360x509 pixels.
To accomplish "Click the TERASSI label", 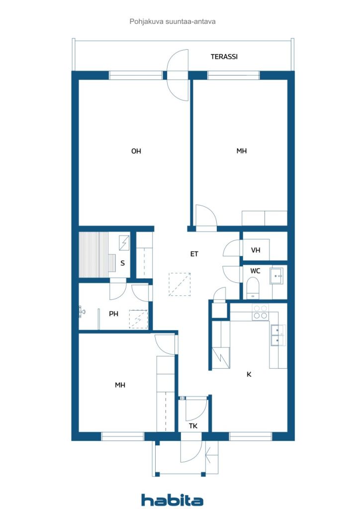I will click(x=224, y=57).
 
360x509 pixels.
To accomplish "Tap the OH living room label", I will click(x=136, y=151).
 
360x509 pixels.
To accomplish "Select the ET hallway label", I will click(x=194, y=254).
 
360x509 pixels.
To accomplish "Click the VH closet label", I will click(x=256, y=251).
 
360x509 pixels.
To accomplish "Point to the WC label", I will click(x=255, y=271).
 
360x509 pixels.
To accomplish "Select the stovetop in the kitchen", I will click(x=260, y=312).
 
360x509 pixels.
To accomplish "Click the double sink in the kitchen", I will click(x=277, y=335).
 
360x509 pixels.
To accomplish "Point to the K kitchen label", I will click(x=249, y=374).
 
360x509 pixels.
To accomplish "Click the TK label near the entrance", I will click(x=193, y=426).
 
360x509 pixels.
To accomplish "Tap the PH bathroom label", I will click(x=113, y=314).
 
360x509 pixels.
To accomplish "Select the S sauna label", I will click(x=122, y=263).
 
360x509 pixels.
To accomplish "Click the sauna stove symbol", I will click(x=124, y=243).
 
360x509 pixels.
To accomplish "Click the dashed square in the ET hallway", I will click(x=179, y=284).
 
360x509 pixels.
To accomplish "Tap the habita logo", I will click(x=172, y=500).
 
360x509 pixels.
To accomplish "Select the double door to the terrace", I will click(x=178, y=75).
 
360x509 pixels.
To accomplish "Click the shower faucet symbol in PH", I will click(x=82, y=312).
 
